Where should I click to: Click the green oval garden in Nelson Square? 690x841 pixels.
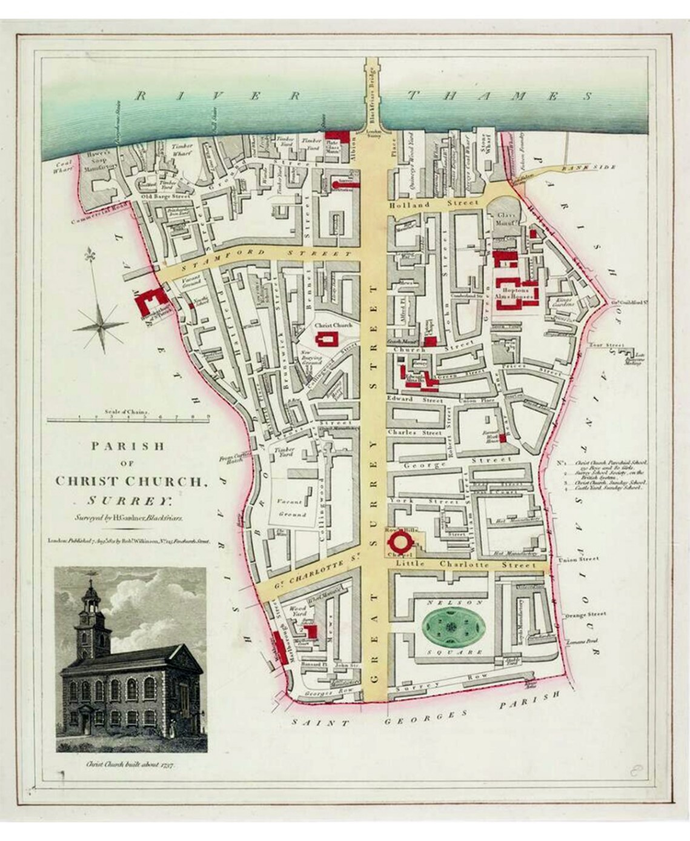[451, 629]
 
